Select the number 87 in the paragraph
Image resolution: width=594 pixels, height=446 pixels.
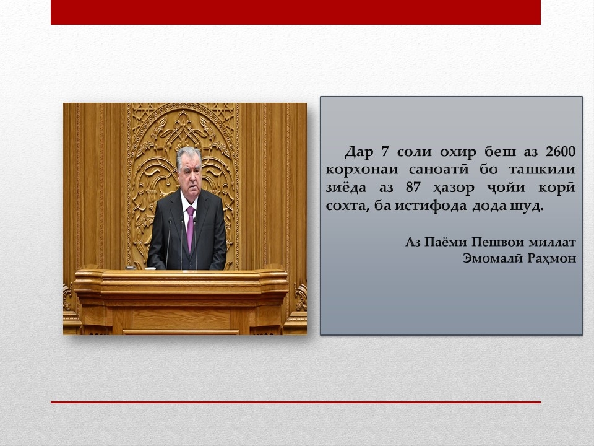(414, 187)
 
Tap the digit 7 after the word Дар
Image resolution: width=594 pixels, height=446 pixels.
(385, 152)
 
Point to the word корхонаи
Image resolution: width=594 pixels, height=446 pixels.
(362, 170)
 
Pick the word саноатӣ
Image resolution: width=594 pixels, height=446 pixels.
(439, 168)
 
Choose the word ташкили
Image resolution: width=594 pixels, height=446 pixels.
(542, 170)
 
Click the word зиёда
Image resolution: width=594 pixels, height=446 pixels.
(346, 187)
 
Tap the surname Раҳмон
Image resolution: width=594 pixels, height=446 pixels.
(552, 258)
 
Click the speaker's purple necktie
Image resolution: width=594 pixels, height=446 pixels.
(190, 229)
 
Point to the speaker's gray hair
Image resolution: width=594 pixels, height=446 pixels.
(188, 154)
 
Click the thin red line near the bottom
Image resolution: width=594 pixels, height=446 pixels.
(296, 402)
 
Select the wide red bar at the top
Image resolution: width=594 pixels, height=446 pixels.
(296, 12)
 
